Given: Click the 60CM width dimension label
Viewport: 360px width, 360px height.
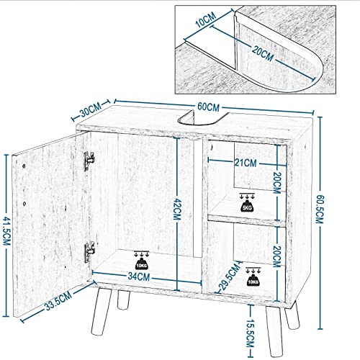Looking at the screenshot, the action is pos(208,107).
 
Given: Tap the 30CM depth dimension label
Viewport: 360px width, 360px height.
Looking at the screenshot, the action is pos(91,110).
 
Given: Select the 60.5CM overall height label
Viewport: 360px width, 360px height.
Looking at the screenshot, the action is pos(320,209).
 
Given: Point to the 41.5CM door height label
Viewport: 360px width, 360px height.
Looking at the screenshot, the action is pos(6,231).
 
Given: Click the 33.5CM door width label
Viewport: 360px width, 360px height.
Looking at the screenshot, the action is pos(58,301).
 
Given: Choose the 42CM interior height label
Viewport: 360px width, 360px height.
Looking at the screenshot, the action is pos(177,209).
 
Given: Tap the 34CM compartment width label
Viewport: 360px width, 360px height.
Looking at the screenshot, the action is pos(139,276).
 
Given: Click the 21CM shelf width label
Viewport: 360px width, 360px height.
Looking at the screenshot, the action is pos(246,163).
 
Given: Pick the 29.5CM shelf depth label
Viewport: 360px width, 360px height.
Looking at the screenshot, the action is pos(229,276).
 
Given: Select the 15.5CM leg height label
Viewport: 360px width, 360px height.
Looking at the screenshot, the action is pos(250,333).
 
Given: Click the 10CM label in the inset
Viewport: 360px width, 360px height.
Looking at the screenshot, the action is pos(206,19).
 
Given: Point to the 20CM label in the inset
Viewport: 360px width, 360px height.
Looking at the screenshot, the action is pos(263,54).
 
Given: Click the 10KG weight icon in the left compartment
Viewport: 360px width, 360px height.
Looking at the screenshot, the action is pos(141,261).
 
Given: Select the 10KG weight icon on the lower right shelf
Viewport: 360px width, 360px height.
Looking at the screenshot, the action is pos(253,276).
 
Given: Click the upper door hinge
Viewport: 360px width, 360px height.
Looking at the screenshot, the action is pos(89,161).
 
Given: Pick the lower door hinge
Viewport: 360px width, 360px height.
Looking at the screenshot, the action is pos(89,252).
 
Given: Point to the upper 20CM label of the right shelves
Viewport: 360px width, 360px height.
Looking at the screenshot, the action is pos(277,183).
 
